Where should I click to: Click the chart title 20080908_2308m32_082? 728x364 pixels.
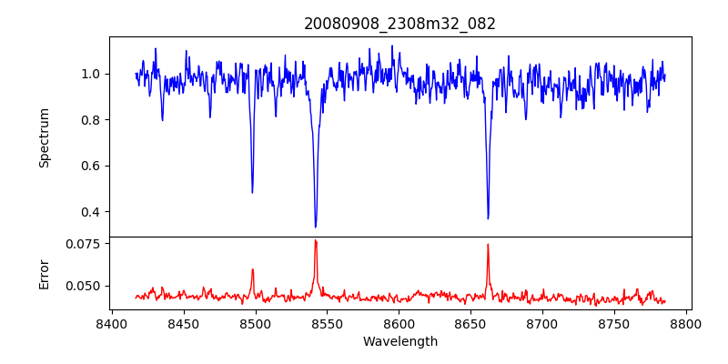click(399, 24)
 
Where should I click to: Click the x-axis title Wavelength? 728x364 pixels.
click(399, 342)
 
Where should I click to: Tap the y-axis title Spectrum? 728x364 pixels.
click(44, 137)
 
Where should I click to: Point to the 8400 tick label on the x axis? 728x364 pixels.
click(111, 323)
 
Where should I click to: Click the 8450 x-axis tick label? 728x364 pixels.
click(183, 323)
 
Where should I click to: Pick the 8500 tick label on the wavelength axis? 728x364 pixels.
click(255, 323)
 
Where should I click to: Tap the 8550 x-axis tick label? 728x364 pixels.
click(327, 323)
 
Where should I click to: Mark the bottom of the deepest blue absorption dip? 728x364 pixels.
click(316, 227)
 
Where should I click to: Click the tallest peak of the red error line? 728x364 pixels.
click(316, 240)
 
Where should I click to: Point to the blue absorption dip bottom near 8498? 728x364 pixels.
click(252, 192)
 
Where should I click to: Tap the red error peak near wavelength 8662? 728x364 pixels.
click(488, 244)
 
